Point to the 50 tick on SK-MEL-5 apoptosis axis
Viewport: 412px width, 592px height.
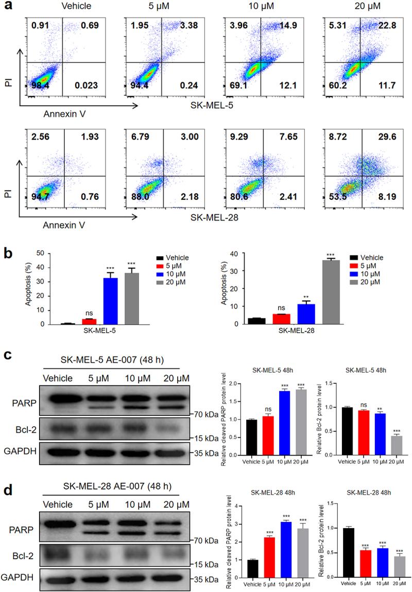[x=39, y=254]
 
